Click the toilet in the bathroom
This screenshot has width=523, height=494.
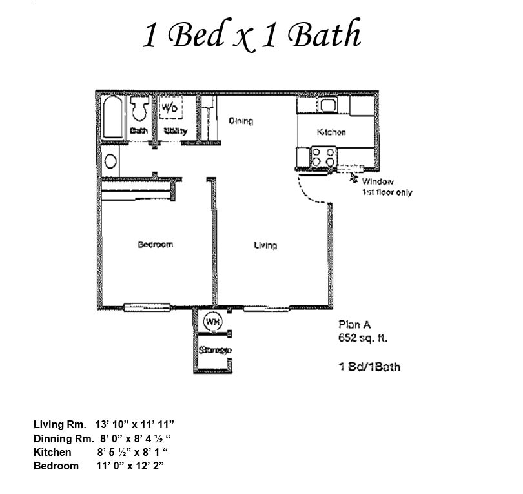[139, 110]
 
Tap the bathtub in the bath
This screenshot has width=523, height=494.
[113, 117]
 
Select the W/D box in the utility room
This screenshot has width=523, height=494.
[170, 107]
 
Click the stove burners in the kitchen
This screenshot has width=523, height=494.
[323, 157]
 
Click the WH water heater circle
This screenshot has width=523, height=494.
[212, 320]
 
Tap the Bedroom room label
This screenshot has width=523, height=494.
[156, 244]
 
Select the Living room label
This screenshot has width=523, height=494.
[265, 245]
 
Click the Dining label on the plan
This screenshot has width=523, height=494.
[241, 121]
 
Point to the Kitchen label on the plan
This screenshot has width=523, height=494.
[331, 132]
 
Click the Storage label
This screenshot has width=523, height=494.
[216, 351]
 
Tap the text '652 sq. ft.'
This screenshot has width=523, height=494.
[364, 338]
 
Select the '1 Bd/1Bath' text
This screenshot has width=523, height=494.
[369, 367]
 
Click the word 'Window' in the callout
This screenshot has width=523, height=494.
[377, 182]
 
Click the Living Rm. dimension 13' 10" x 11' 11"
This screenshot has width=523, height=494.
[135, 424]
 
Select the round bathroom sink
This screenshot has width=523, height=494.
[110, 161]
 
